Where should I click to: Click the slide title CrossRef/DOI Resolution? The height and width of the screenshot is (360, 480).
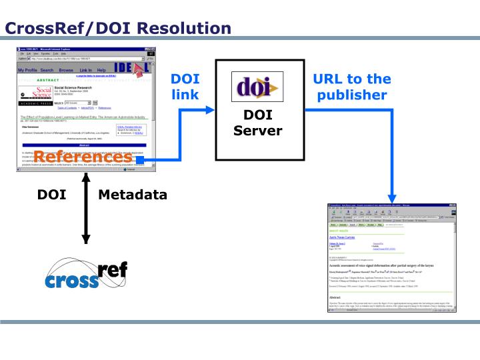click(118, 28)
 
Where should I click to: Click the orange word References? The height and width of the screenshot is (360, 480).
click(83, 157)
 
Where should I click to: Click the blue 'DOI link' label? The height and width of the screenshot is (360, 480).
click(185, 87)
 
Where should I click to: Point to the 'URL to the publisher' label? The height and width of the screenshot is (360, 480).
click(352, 87)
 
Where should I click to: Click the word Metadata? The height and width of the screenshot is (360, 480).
click(133, 195)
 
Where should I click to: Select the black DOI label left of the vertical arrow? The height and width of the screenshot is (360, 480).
click(51, 195)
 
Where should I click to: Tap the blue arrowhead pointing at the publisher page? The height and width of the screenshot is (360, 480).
click(393, 194)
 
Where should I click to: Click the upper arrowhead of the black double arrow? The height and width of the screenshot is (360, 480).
click(85, 178)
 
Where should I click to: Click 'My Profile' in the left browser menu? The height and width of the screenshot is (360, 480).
click(27, 70)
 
